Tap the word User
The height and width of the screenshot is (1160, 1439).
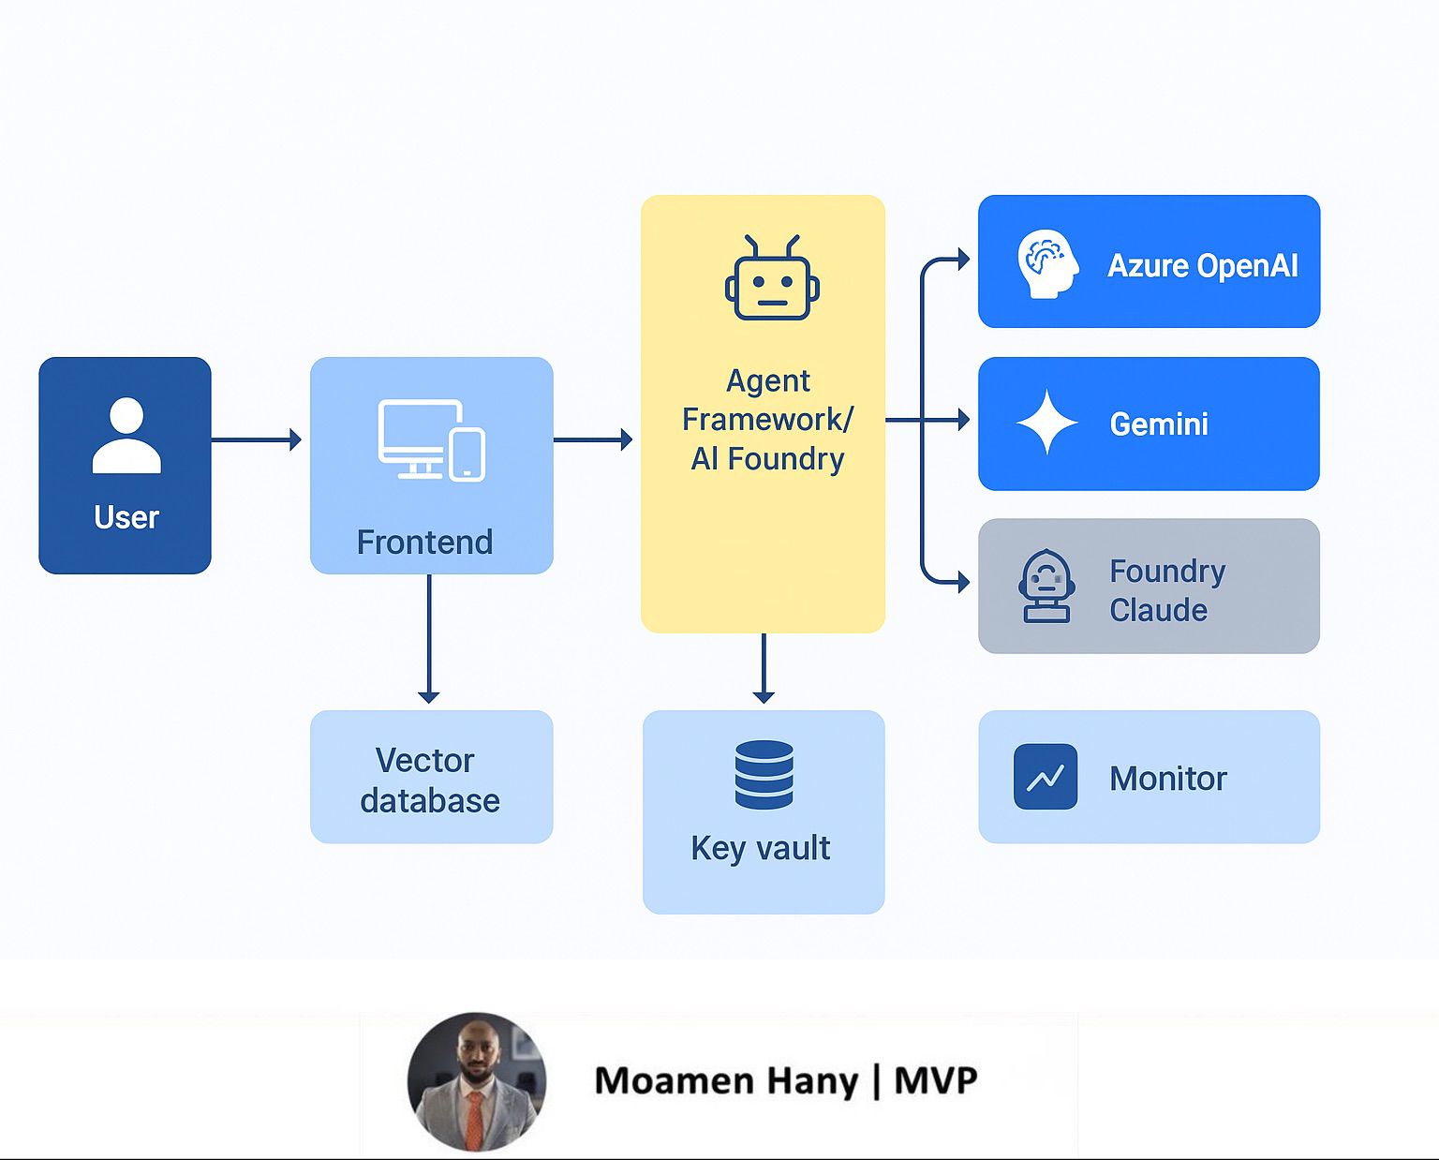point(126,517)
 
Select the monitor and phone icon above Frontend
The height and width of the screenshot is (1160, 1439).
point(431,439)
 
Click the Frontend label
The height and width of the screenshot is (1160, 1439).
point(424,543)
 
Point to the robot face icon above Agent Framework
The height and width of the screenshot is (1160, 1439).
point(772,278)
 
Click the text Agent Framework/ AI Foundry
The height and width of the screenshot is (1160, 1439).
point(767,420)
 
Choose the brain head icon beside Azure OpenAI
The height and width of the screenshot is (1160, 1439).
point(1047,264)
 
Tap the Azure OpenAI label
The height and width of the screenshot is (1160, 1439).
point(1202,266)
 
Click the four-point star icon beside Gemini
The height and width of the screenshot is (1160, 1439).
point(1047,423)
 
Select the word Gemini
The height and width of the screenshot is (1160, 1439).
point(1159,424)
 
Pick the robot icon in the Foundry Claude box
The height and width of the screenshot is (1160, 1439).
point(1046,587)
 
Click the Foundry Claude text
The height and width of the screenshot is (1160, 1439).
point(1166,590)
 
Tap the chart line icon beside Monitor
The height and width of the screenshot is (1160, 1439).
point(1046,777)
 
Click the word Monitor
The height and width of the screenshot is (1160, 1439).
point(1167,779)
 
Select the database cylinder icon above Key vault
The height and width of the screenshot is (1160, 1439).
point(764,775)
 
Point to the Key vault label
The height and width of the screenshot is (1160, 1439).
point(760,848)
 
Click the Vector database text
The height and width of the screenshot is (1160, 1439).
point(429,781)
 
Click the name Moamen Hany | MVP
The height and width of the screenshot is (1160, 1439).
point(785,1081)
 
